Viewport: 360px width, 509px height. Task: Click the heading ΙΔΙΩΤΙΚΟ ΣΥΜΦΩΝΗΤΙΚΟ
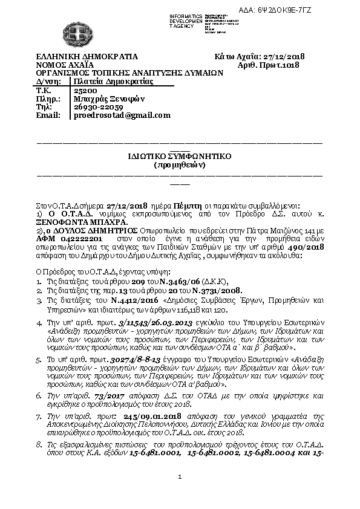[180, 156]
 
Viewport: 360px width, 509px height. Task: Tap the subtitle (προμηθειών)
[180, 164]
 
